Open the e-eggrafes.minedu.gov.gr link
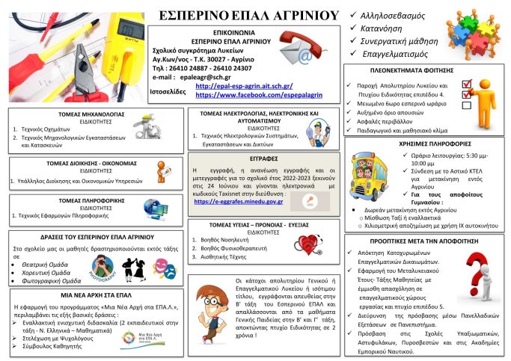pos(239,201)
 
